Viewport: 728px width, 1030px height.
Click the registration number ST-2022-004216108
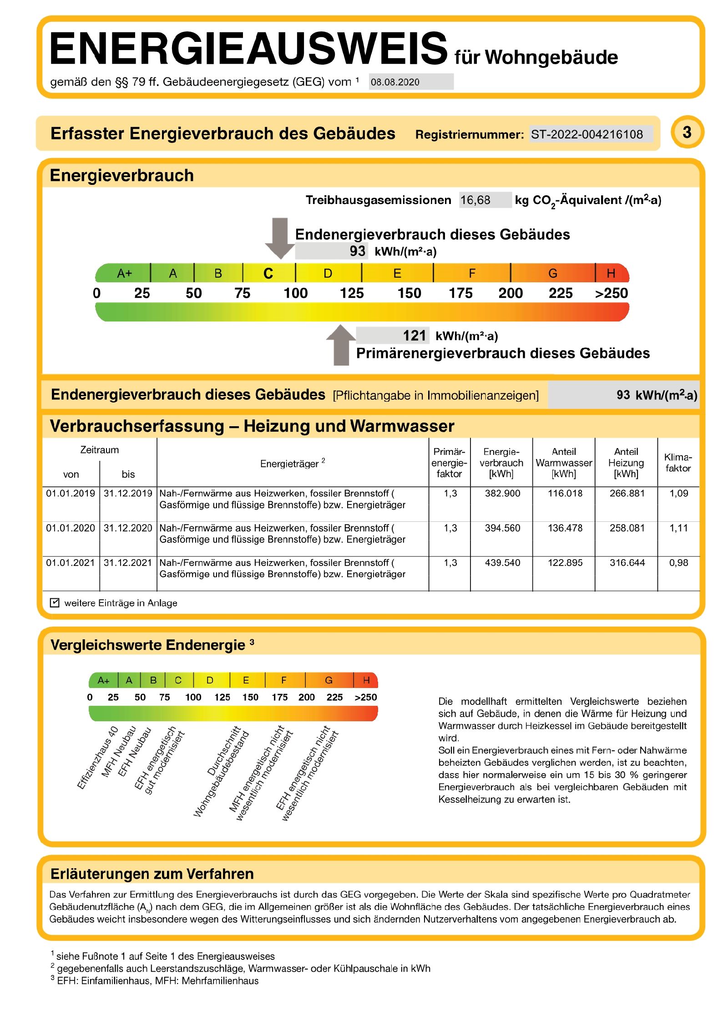click(x=586, y=134)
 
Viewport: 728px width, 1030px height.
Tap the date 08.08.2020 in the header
click(x=395, y=82)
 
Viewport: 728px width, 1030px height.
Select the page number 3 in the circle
click(x=687, y=133)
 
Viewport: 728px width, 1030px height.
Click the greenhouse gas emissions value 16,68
click(x=475, y=200)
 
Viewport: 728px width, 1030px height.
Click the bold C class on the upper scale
click(x=268, y=273)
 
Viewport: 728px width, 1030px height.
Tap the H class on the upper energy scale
click(x=611, y=273)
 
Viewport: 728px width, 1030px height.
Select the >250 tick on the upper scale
click(x=611, y=293)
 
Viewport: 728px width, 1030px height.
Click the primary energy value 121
click(x=414, y=336)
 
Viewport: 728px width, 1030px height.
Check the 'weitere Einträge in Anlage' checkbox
click(x=55, y=603)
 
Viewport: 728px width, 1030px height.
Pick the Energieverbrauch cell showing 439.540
click(x=502, y=563)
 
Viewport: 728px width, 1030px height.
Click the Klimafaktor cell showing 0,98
click(x=678, y=563)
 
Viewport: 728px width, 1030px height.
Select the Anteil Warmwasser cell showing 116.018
click(x=565, y=493)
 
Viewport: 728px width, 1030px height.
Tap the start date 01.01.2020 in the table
click(x=71, y=528)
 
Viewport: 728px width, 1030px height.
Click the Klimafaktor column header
click(x=678, y=463)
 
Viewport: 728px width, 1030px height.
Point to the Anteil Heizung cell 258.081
click(x=627, y=528)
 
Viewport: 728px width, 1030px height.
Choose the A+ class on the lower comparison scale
click(x=104, y=680)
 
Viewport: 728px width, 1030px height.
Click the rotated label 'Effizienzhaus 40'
click(x=98, y=757)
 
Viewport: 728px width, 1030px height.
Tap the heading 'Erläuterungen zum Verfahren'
click(x=152, y=874)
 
